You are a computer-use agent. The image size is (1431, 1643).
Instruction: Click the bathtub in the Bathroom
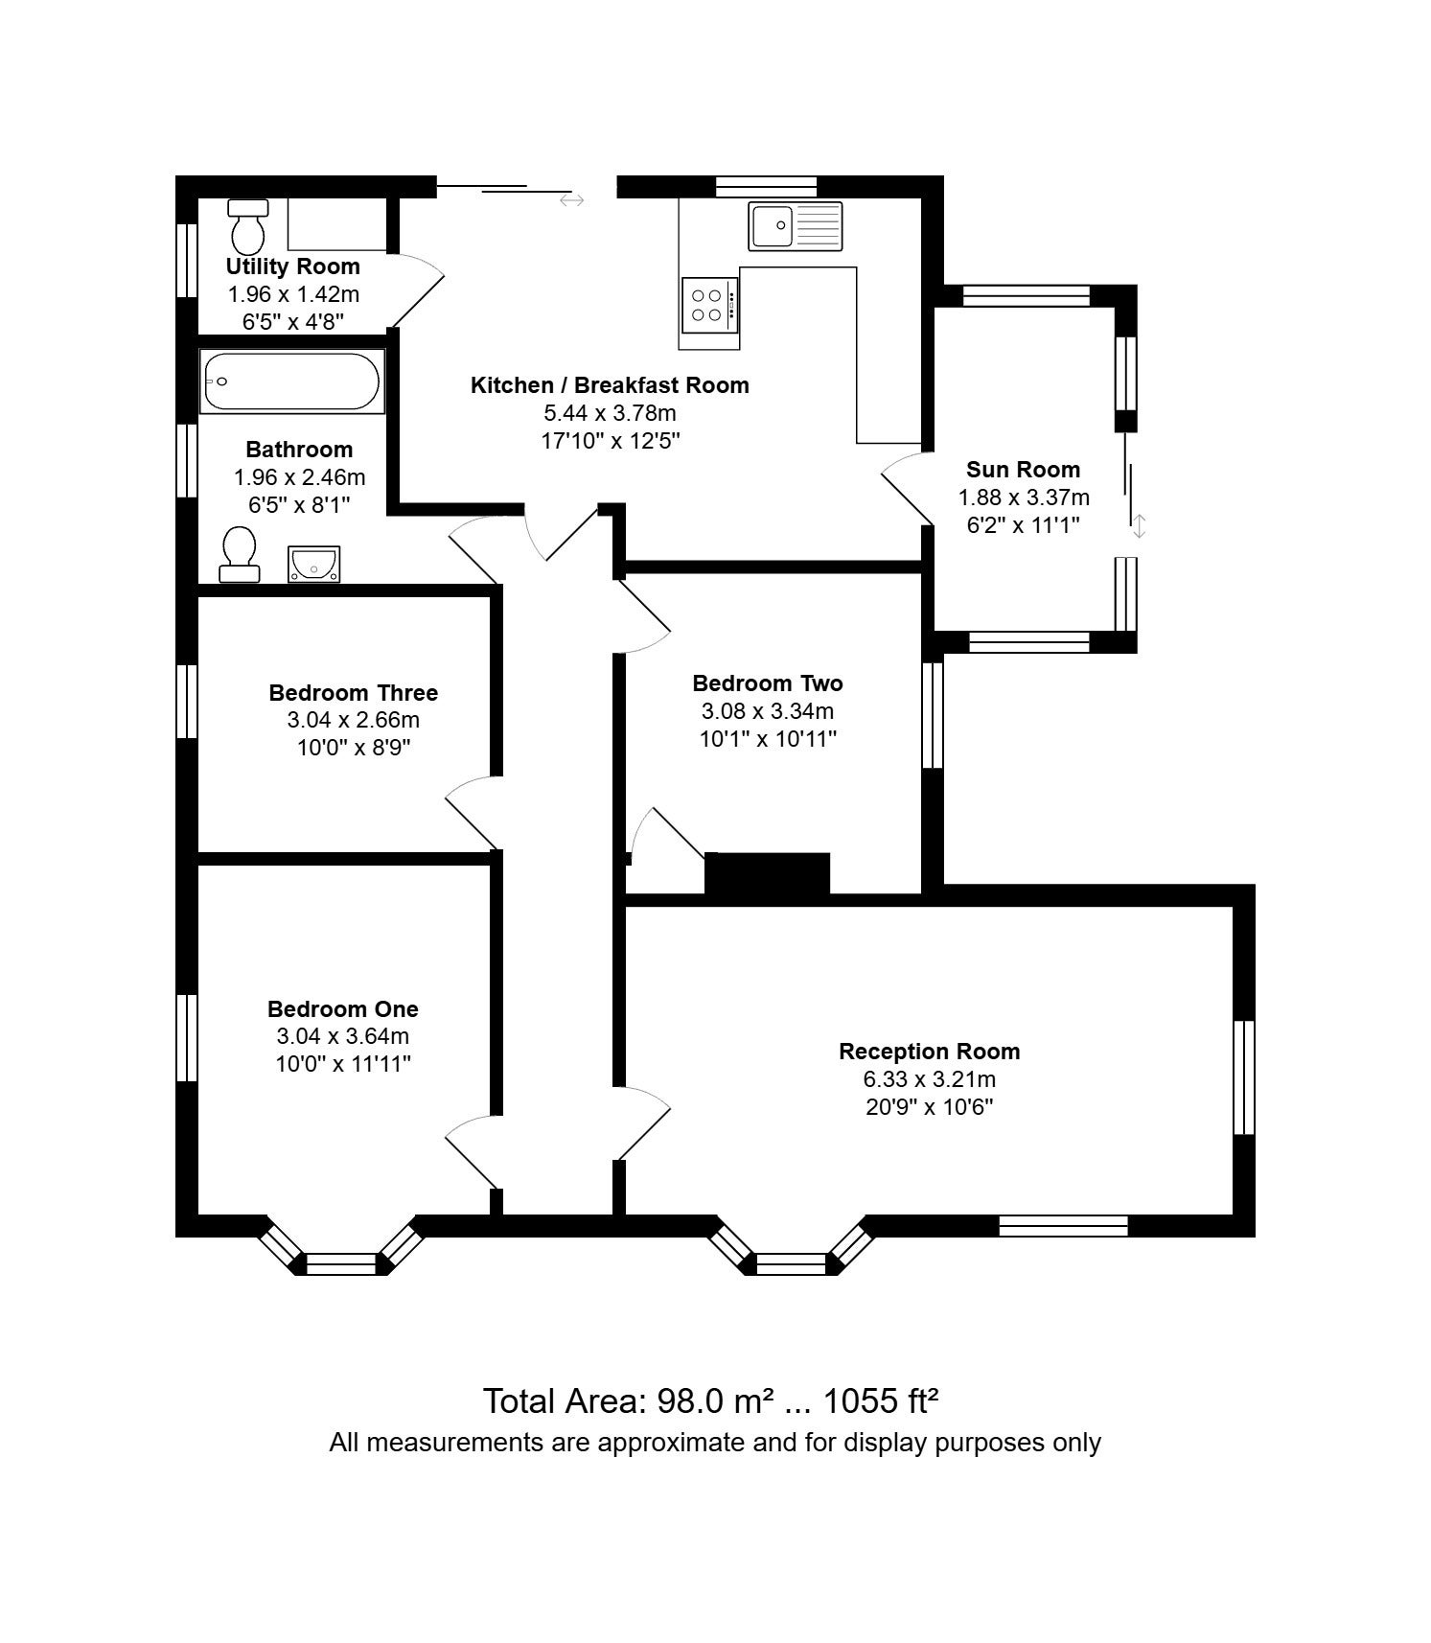[x=291, y=382]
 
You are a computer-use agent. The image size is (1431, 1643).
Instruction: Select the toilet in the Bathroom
[x=239, y=555]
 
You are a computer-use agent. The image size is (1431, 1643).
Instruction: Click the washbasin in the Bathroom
[x=314, y=564]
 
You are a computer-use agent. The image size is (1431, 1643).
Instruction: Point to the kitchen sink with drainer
[x=796, y=226]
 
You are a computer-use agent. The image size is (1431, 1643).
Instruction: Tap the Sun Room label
[x=1023, y=470]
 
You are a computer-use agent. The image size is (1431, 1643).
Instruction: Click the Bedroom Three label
[x=353, y=693]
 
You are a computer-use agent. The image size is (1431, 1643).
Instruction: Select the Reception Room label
[x=929, y=1052]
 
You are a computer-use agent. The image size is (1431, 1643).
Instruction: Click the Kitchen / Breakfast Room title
[x=610, y=385]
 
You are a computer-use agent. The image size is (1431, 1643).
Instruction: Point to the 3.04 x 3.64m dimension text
[x=342, y=1036]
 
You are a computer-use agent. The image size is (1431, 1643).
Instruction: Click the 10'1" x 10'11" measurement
[x=768, y=739]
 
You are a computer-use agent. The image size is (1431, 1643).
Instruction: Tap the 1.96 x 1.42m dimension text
[x=293, y=294]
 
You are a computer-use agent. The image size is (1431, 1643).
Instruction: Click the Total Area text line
[x=710, y=1400]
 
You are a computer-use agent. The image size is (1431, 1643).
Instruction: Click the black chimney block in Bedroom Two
[x=768, y=874]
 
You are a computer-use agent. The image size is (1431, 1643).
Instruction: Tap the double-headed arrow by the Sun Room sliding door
[x=1139, y=525]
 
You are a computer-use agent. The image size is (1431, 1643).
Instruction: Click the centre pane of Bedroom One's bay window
[x=342, y=1264]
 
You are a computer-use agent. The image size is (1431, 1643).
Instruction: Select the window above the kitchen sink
[x=767, y=187]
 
